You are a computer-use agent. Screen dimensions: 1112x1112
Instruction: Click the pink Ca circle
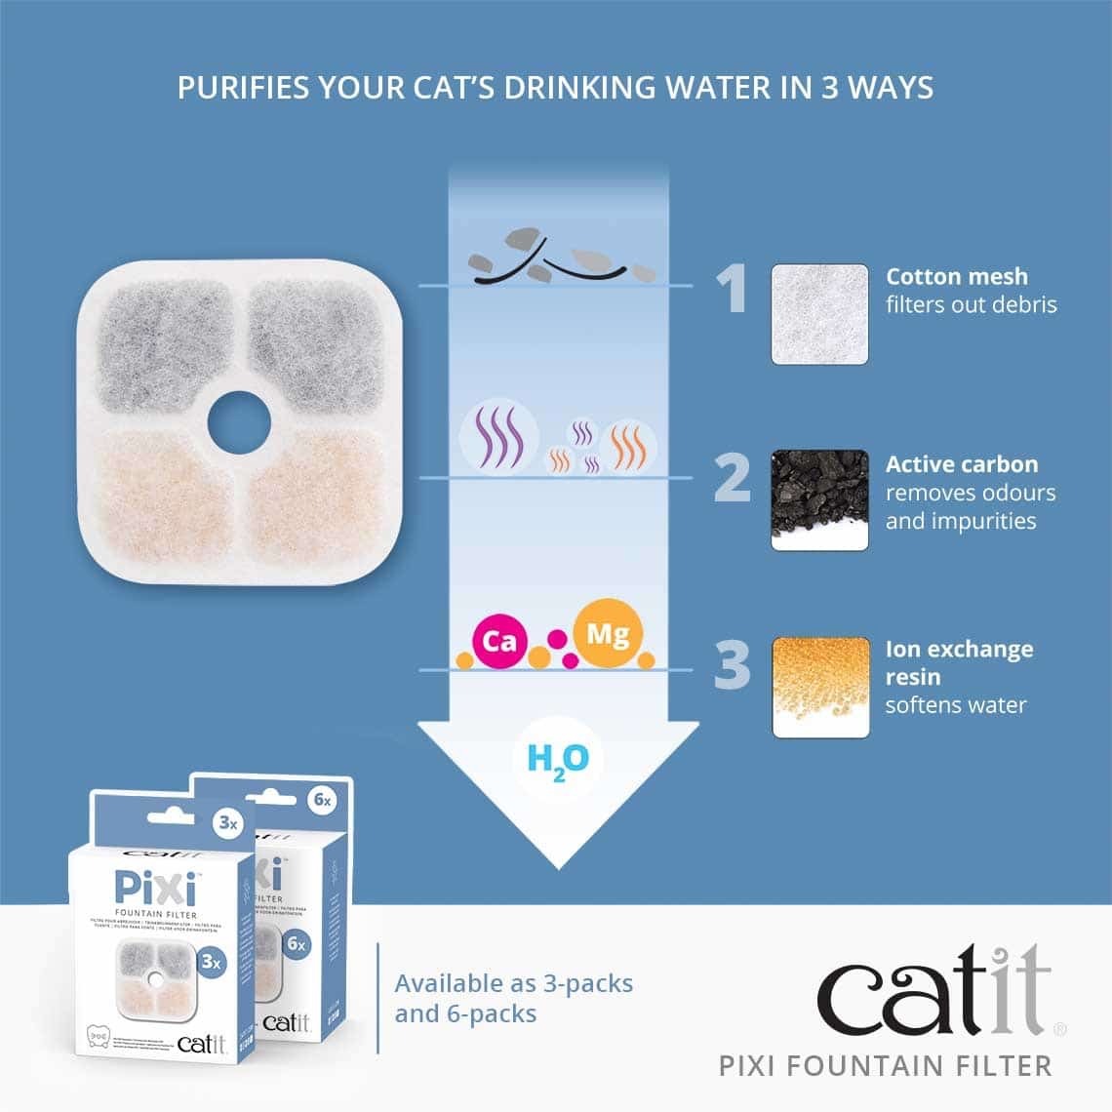pos(499,641)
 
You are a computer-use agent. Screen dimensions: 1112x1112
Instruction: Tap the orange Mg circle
pos(608,635)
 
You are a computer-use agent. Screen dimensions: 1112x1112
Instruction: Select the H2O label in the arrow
pos(557,760)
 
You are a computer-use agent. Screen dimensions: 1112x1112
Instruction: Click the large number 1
pos(732,290)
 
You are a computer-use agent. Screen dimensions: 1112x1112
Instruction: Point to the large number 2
pos(733,478)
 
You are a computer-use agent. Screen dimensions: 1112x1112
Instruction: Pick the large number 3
pos(733,665)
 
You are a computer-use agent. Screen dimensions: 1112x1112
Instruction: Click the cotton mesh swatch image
pos(819,314)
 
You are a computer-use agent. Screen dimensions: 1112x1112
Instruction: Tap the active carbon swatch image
pos(819,499)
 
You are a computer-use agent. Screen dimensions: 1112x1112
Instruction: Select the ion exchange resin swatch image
pos(819,687)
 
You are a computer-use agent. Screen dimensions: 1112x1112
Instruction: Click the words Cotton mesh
pos(956,277)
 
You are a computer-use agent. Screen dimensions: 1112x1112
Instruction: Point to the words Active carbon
pos(961,464)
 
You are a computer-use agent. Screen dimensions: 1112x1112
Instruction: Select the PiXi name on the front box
pos(157,889)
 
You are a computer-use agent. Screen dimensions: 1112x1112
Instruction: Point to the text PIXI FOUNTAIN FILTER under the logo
pos(885,1065)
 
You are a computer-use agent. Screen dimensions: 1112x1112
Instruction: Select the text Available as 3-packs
pos(513,983)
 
